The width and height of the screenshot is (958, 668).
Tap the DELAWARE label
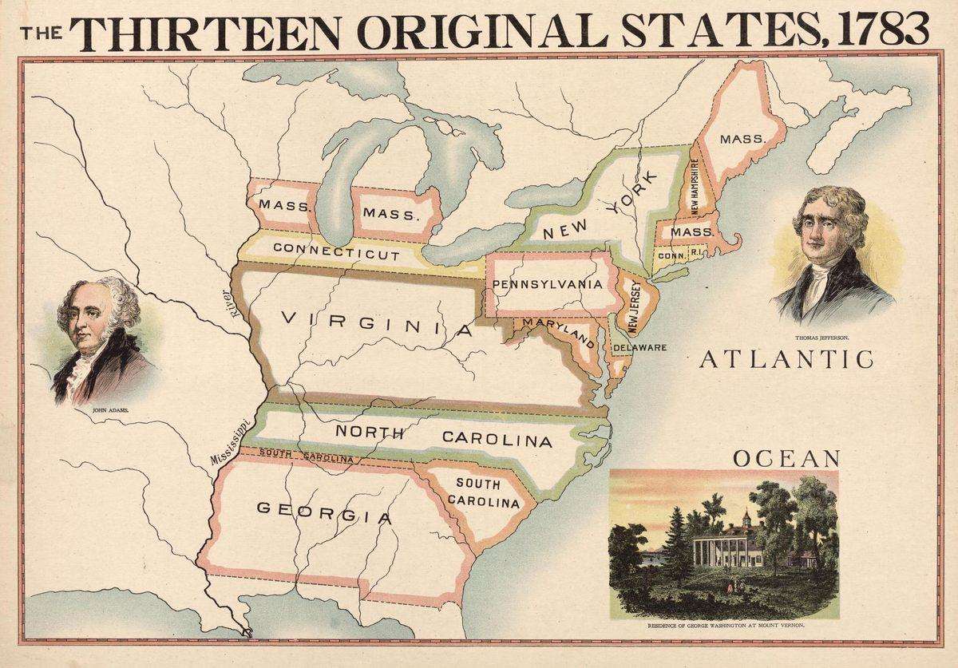click(x=639, y=348)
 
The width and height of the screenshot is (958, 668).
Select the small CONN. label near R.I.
click(x=671, y=255)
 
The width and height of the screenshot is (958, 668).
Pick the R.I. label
click(x=696, y=252)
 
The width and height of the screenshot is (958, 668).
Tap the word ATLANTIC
click(x=786, y=360)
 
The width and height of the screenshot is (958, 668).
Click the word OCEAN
click(x=786, y=458)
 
